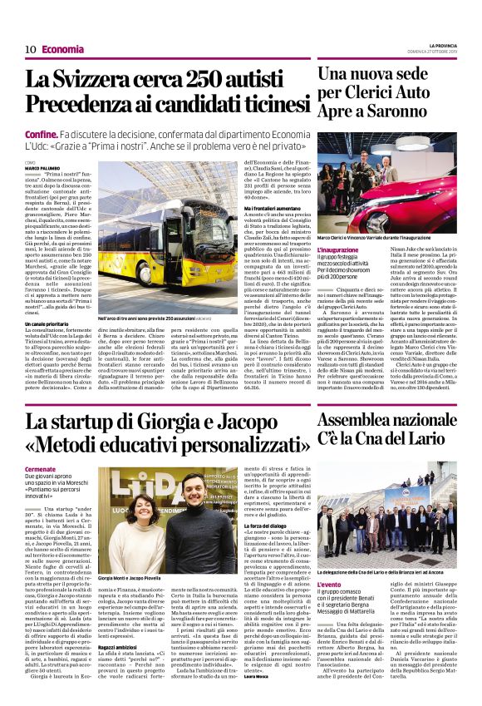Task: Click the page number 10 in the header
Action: (x=29, y=49)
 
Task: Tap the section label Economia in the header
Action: (x=62, y=49)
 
